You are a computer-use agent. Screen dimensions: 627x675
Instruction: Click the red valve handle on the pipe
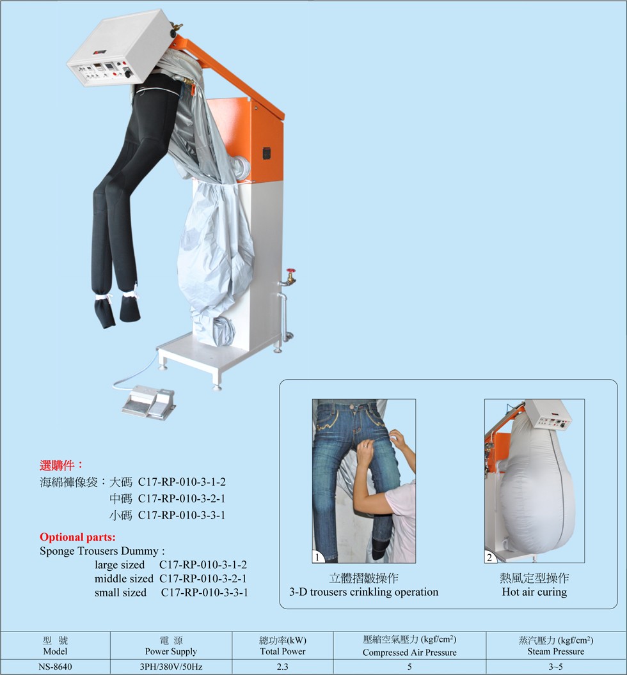click(292, 272)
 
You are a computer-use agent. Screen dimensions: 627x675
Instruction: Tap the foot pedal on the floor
click(148, 402)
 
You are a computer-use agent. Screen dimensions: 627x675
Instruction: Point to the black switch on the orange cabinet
click(266, 153)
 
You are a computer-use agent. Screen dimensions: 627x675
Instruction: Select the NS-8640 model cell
click(55, 667)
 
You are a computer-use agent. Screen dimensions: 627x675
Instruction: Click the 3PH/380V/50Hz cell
click(171, 667)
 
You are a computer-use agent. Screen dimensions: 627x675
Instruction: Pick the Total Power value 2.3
click(282, 667)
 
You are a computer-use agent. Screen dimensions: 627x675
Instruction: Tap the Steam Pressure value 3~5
click(555, 667)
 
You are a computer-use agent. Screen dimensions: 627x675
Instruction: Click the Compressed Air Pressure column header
click(409, 646)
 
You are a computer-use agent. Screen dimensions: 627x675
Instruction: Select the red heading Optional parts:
click(77, 537)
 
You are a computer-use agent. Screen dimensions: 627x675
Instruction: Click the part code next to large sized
click(203, 564)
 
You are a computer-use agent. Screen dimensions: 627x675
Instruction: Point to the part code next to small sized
click(205, 593)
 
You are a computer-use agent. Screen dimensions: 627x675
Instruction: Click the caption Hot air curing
click(534, 592)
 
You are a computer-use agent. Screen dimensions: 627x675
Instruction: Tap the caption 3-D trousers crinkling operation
click(363, 592)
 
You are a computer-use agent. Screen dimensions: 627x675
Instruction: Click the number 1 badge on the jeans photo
click(317, 557)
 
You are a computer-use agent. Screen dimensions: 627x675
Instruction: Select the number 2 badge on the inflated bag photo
click(490, 557)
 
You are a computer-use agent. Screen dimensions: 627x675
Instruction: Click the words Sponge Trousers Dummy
click(99, 551)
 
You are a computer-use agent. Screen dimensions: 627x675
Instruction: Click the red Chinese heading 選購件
click(58, 465)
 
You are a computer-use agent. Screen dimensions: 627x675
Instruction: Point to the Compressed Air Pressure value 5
click(409, 667)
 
